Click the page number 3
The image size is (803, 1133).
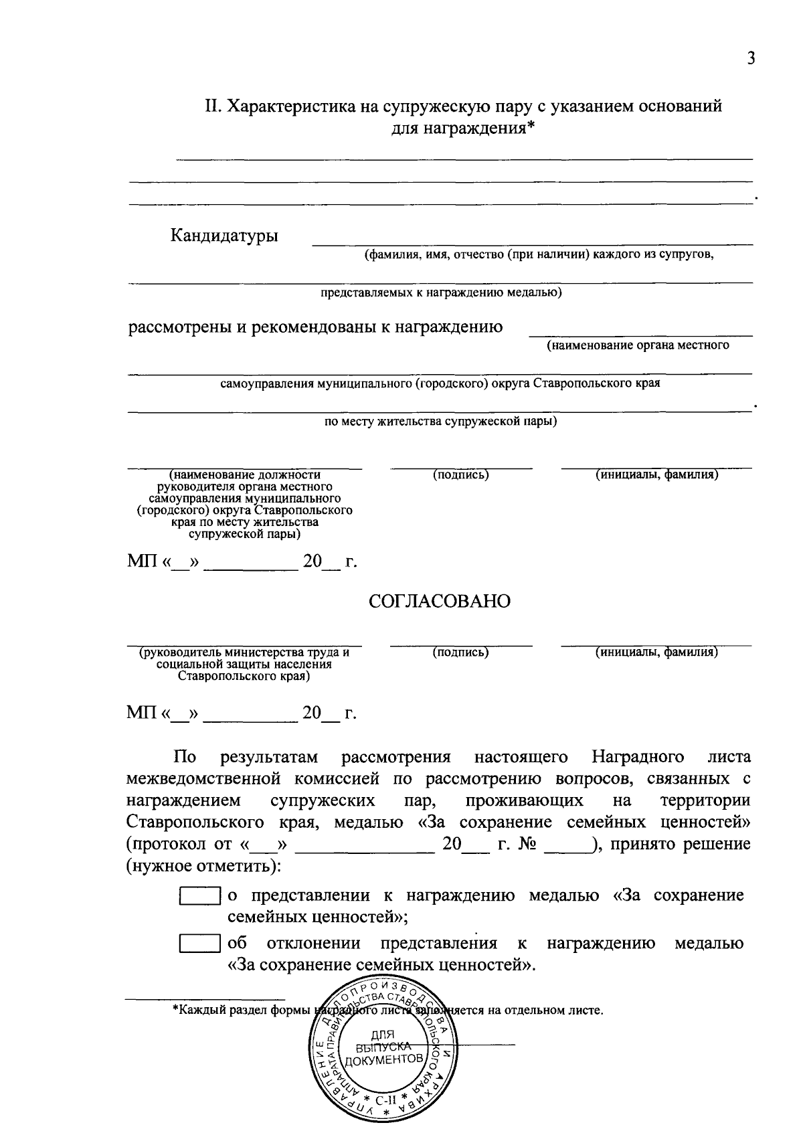(751, 58)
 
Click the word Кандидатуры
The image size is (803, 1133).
(224, 236)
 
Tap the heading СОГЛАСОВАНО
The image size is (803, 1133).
(440, 601)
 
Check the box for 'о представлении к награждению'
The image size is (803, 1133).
(199, 897)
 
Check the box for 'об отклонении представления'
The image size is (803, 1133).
(199, 944)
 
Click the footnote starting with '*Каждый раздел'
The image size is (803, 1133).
(388, 1010)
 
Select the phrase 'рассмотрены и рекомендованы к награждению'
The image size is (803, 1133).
(315, 327)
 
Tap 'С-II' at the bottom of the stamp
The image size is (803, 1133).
(386, 1099)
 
